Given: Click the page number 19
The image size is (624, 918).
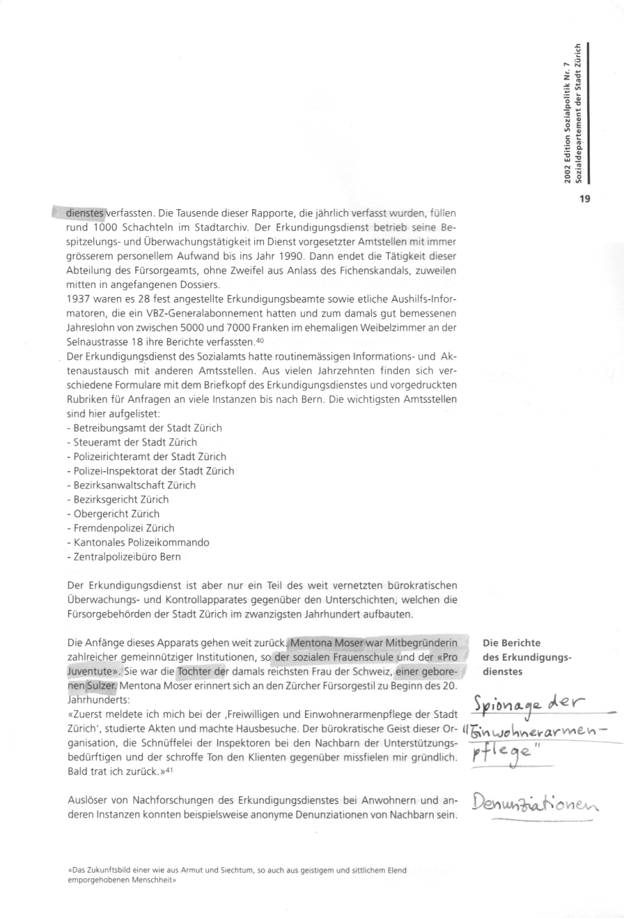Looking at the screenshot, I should click(x=584, y=200).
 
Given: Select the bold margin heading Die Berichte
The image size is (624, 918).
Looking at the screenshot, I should click(x=511, y=643).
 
